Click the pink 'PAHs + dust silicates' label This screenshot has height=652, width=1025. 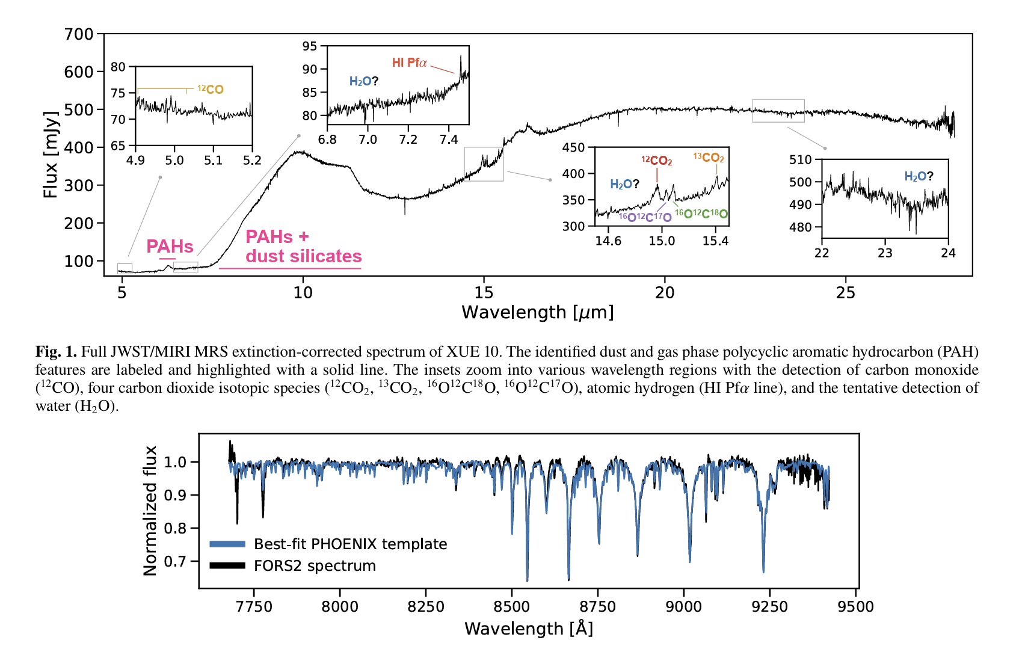(x=303, y=247)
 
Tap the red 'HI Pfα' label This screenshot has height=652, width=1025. (x=409, y=63)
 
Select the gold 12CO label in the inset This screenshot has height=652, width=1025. (x=211, y=90)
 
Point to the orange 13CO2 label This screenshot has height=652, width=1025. (x=708, y=158)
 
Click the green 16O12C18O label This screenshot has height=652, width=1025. (x=701, y=214)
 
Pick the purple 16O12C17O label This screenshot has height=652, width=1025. (x=645, y=217)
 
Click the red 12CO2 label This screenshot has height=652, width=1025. (x=656, y=161)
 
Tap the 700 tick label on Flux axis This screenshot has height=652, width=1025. (x=79, y=34)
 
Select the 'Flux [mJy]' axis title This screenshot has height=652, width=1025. (x=51, y=155)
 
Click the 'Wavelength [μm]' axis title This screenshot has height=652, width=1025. (x=537, y=313)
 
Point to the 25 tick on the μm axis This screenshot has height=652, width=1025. (x=845, y=293)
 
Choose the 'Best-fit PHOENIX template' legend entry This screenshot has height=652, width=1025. (x=350, y=544)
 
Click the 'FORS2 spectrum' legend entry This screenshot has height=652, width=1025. (x=315, y=566)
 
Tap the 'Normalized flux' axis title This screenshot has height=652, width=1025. (x=150, y=511)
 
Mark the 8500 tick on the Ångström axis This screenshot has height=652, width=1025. (x=511, y=606)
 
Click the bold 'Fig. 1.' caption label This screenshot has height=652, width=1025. (x=56, y=352)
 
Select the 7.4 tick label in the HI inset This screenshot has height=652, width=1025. (x=448, y=140)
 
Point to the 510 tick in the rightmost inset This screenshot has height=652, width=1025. (x=800, y=159)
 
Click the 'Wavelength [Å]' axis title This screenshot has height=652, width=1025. (x=528, y=629)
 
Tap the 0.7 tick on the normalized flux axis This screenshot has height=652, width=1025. (x=176, y=561)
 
